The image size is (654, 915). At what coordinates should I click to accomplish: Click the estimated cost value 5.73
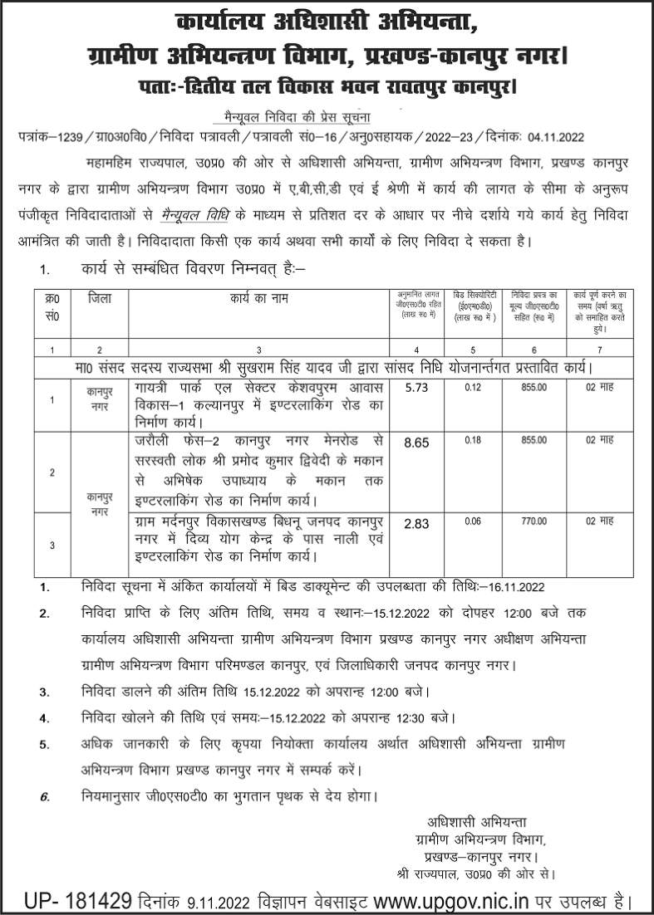click(x=416, y=386)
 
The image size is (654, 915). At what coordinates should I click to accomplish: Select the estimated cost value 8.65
click(x=416, y=446)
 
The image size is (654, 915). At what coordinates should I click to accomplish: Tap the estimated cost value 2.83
click(x=416, y=524)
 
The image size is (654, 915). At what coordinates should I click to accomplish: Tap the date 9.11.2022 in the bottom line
click(x=214, y=899)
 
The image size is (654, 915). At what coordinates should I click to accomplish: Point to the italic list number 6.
click(x=44, y=796)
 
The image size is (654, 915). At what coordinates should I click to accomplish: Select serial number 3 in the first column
click(x=52, y=545)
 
